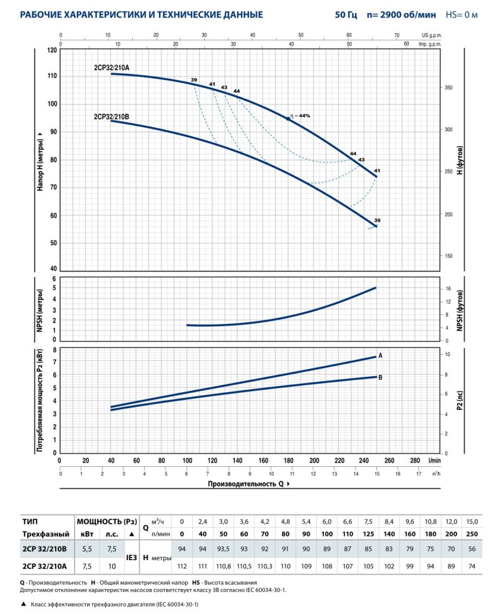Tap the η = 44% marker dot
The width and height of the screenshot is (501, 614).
288,118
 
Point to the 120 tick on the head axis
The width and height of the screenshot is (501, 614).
52,49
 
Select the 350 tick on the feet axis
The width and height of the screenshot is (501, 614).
449,88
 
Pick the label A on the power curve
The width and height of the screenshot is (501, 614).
380,356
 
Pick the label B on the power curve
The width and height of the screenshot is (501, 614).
380,377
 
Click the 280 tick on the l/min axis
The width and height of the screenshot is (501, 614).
415,461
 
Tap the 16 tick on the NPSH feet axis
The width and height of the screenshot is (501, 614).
449,289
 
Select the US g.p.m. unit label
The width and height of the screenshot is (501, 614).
431,36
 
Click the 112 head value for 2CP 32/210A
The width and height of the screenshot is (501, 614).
182,566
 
